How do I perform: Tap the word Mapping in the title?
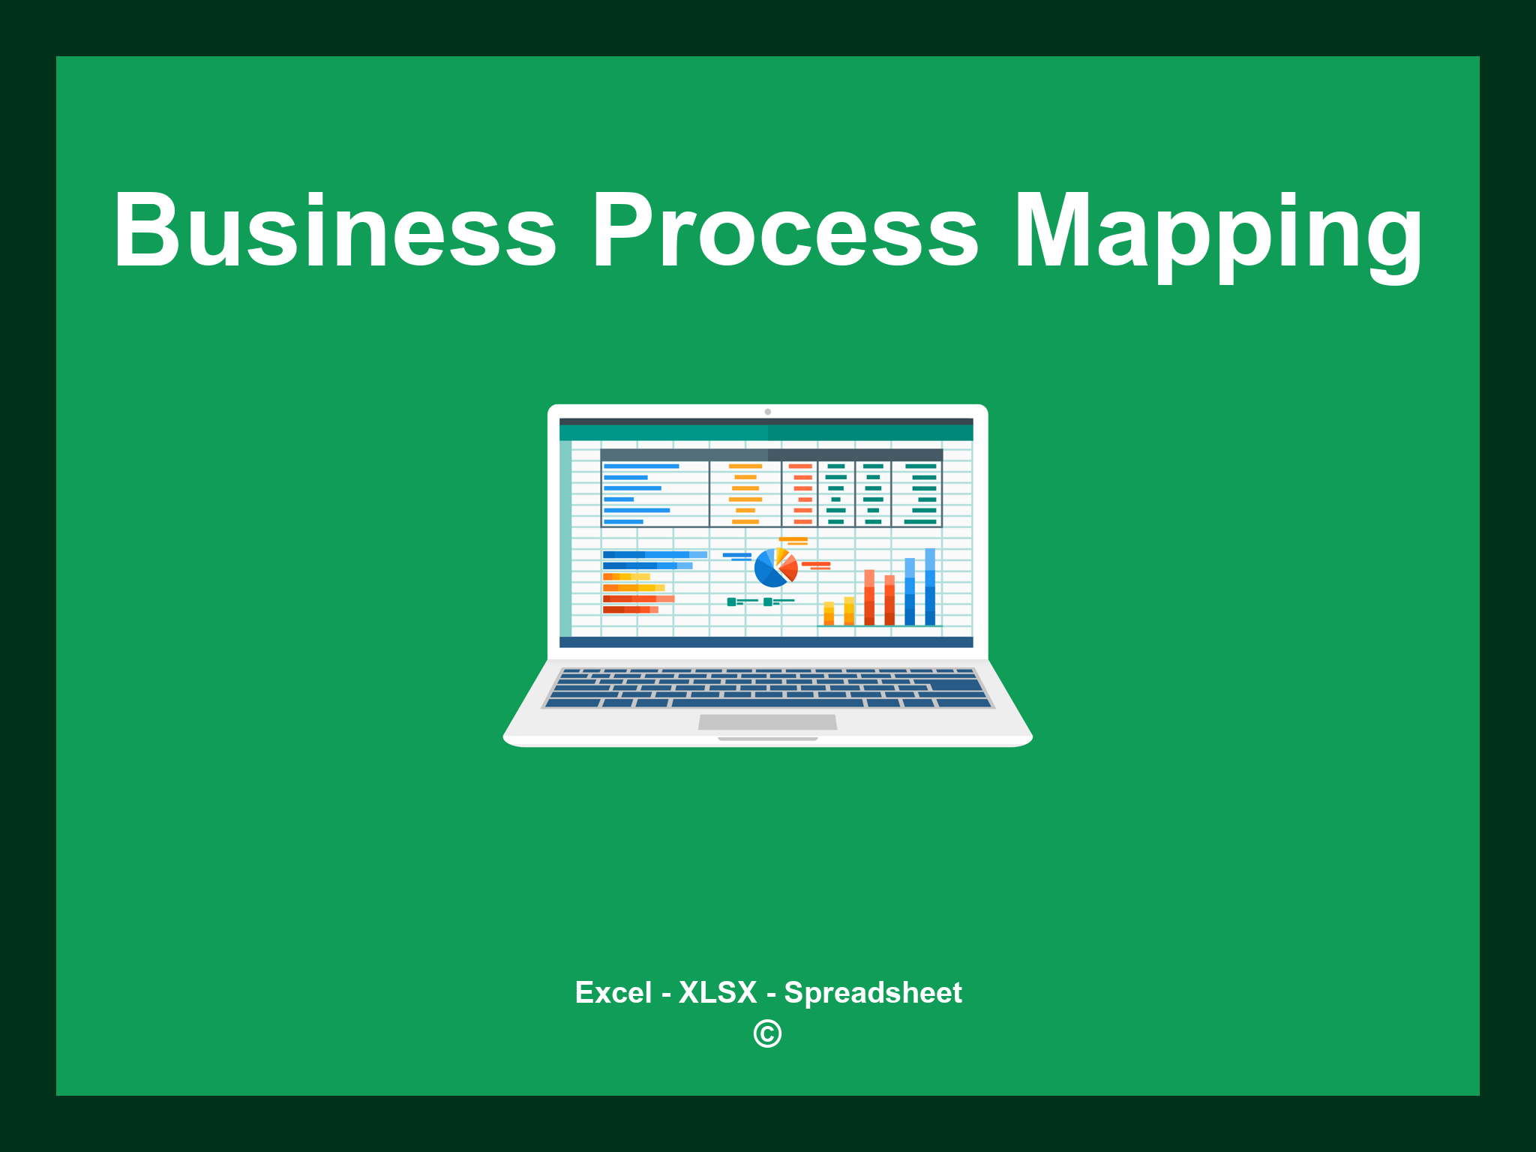(1218, 232)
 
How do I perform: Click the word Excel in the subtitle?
(613, 992)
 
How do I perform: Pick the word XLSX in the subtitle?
(718, 992)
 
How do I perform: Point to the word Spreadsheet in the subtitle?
(872, 992)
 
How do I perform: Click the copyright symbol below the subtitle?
(767, 1033)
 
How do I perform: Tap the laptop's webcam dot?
(767, 412)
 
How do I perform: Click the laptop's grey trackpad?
(767, 721)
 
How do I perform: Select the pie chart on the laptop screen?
(775, 568)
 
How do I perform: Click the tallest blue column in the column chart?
(930, 586)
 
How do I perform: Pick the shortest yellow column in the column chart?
(829, 613)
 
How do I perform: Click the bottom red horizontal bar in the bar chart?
(630, 610)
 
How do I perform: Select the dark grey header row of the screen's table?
(771, 454)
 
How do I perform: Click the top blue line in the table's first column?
(641, 466)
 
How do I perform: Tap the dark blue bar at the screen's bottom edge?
(766, 642)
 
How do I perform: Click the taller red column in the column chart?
(869, 597)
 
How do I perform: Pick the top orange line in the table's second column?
(745, 466)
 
